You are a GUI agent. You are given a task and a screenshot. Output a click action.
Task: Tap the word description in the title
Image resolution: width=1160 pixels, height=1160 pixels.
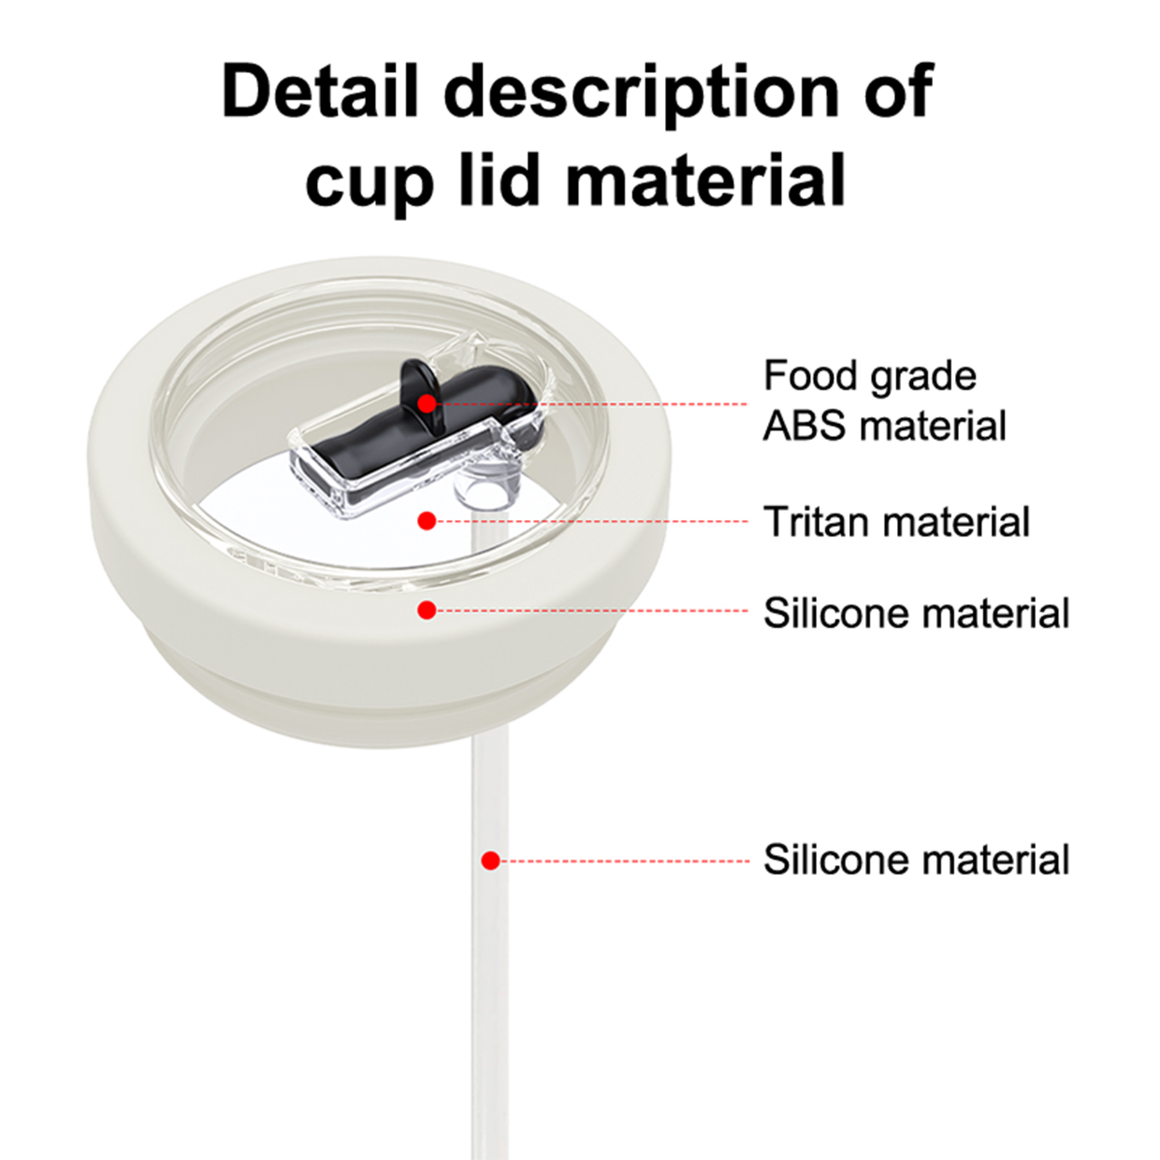(642, 98)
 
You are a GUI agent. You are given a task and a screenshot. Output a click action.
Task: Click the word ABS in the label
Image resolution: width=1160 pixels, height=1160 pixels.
(805, 426)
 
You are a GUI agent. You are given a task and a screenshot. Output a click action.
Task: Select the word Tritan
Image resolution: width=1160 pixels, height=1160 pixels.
(819, 521)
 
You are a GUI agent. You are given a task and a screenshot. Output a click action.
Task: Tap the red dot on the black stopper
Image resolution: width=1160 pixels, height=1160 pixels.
(427, 403)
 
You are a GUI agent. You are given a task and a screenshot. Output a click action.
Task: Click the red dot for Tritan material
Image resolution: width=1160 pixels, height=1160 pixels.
(427, 521)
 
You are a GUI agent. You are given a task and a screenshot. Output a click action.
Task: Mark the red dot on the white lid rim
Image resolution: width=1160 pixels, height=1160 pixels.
(427, 610)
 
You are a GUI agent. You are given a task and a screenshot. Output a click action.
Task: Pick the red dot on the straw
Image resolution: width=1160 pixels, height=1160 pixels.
(491, 861)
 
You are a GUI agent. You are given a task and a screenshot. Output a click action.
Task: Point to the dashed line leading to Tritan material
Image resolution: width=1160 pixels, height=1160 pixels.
(592, 521)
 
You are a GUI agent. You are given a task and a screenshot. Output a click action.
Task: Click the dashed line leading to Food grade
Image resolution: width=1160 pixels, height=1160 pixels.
(592, 404)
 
